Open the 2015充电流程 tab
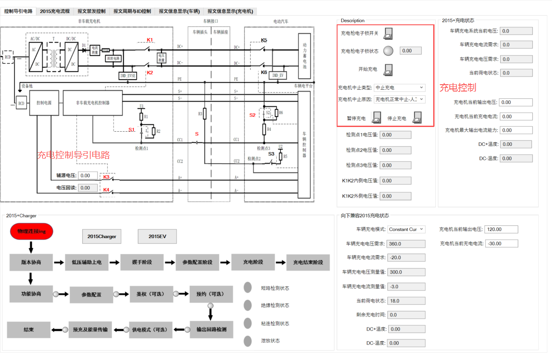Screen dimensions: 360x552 coord(55,12)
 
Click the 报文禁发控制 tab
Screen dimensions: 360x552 coord(91,12)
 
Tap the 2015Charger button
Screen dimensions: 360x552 coord(102,236)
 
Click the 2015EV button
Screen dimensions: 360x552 coord(157,236)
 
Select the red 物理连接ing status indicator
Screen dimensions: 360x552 coord(32,231)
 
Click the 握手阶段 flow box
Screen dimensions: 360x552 coord(142,262)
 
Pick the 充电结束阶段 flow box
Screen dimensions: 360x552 coord(308,263)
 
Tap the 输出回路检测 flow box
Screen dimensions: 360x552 coord(211,330)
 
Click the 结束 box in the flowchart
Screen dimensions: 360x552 coord(29,330)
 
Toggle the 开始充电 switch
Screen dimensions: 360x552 coord(388,69)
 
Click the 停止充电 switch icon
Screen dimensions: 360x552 coord(417,118)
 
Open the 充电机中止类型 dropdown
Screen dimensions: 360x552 coord(399,88)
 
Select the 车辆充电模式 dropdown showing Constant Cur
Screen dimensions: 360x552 coord(406,229)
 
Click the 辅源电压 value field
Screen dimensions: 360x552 coord(91,175)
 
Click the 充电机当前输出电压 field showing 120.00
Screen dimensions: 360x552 coord(501,230)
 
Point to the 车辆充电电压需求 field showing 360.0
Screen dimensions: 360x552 coord(406,244)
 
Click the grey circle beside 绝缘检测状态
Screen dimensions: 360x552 coord(248,305)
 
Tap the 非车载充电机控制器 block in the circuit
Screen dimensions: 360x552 coord(93,103)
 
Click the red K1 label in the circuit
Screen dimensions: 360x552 coord(150,40)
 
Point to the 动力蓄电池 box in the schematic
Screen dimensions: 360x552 coord(304,56)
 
